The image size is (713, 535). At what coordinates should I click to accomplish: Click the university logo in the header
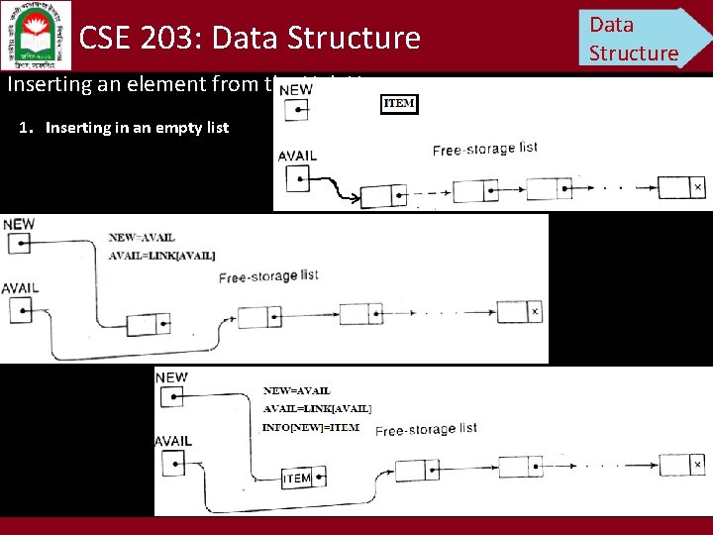pyautogui.click(x=37, y=36)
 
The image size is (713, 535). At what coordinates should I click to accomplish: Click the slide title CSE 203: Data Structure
pyautogui.click(x=250, y=38)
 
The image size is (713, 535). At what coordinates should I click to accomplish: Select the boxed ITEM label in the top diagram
pyautogui.click(x=399, y=103)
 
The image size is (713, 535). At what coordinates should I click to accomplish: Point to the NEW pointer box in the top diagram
pyautogui.click(x=296, y=110)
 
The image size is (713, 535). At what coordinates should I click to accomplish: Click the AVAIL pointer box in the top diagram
pyautogui.click(x=296, y=178)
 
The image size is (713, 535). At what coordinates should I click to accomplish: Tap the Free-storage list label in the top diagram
pyautogui.click(x=484, y=149)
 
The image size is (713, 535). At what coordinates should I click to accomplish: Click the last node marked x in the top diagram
pyautogui.click(x=681, y=187)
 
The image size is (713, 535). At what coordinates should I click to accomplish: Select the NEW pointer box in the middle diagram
pyautogui.click(x=18, y=245)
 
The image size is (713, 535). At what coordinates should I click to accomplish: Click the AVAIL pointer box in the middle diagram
pyautogui.click(x=18, y=310)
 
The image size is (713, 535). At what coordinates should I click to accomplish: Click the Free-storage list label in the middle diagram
pyautogui.click(x=268, y=275)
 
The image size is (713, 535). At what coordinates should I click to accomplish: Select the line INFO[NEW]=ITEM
pyautogui.click(x=310, y=427)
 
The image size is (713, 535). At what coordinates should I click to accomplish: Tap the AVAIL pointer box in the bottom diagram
pyautogui.click(x=171, y=463)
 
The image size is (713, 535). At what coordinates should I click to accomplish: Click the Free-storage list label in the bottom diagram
pyautogui.click(x=426, y=429)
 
